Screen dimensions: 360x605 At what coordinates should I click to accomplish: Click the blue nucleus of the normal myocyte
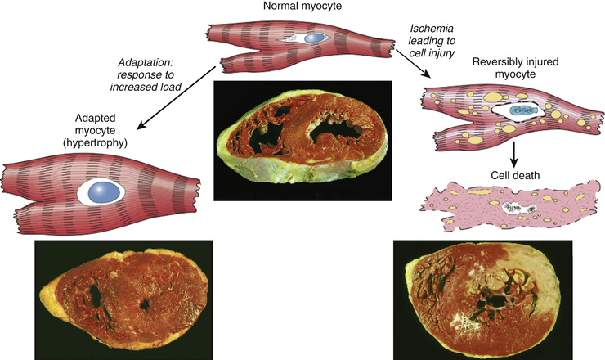coord(314,38)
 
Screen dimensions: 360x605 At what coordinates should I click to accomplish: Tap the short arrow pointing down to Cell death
coord(514,155)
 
